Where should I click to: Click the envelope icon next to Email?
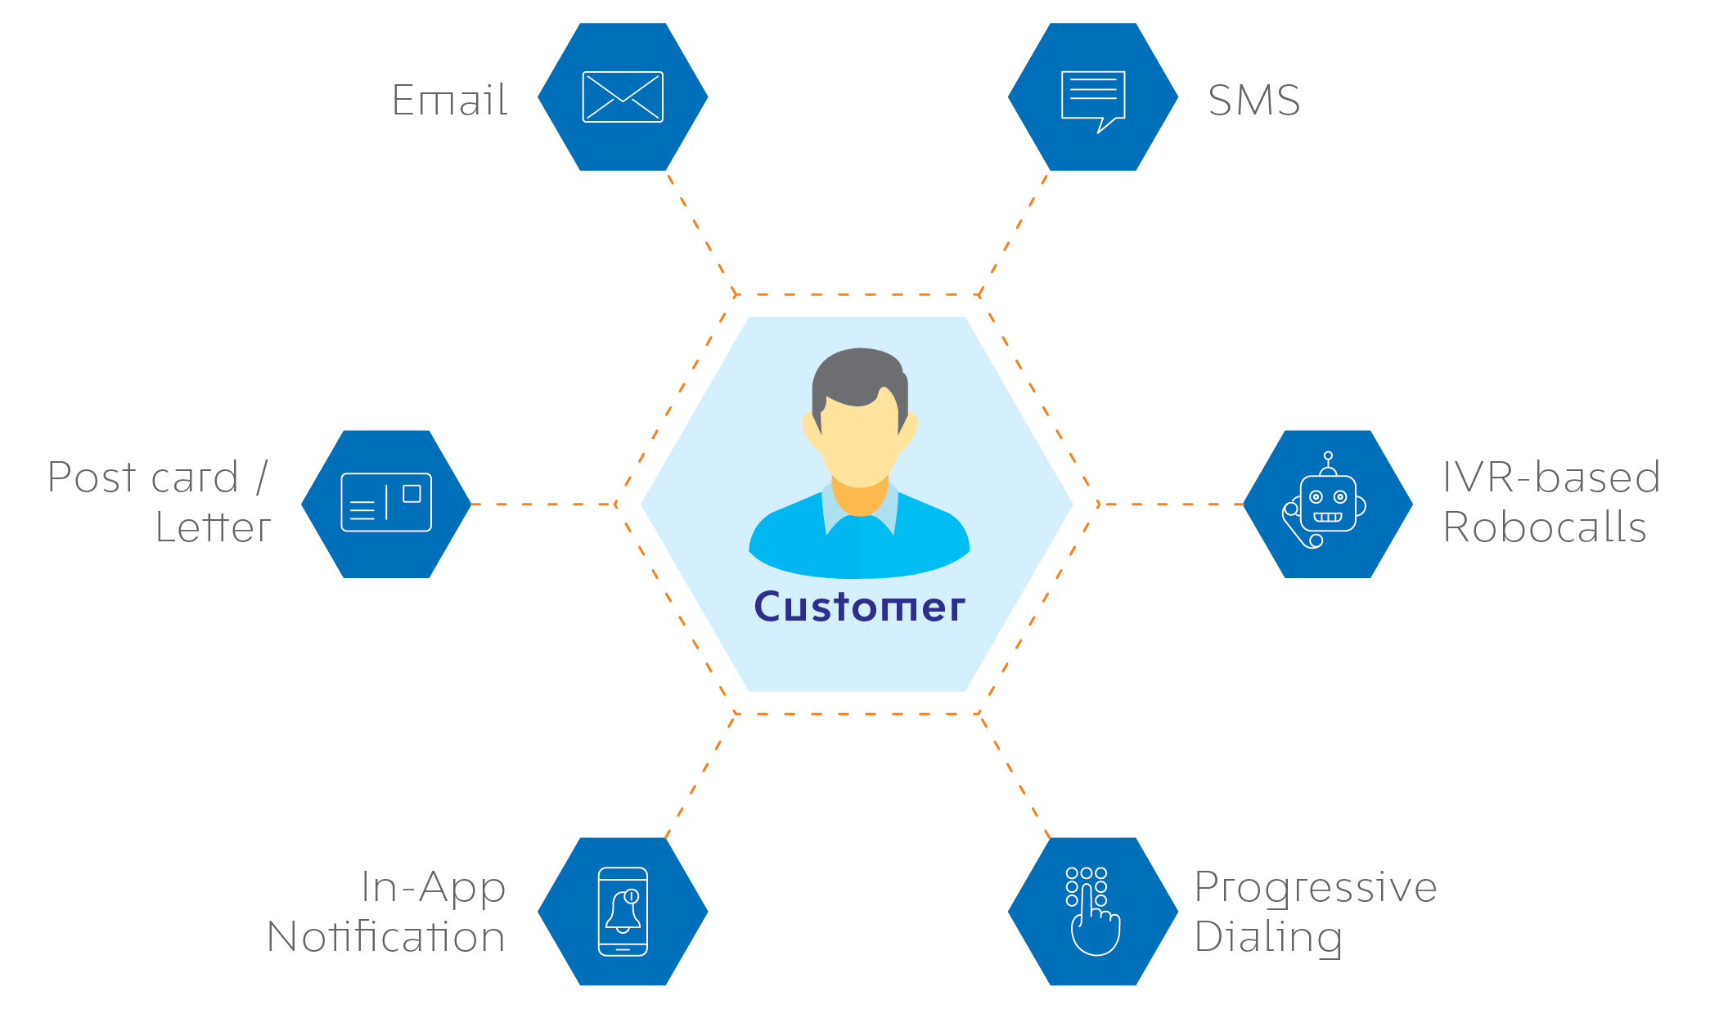(623, 96)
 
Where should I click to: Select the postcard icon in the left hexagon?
(386, 502)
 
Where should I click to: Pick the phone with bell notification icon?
(623, 911)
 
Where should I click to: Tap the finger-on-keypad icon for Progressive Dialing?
(1092, 911)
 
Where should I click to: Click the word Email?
(450, 101)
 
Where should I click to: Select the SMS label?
(1254, 101)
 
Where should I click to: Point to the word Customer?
(859, 607)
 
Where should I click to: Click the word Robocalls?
(1545, 527)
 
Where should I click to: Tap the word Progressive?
(1316, 888)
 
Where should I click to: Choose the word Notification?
(386, 936)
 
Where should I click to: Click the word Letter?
(213, 527)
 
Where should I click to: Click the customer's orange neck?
(860, 496)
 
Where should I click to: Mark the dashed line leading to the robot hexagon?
(1170, 504)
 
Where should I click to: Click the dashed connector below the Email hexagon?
(702, 234)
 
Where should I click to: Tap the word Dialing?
(1268, 937)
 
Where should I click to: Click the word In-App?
(434, 888)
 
